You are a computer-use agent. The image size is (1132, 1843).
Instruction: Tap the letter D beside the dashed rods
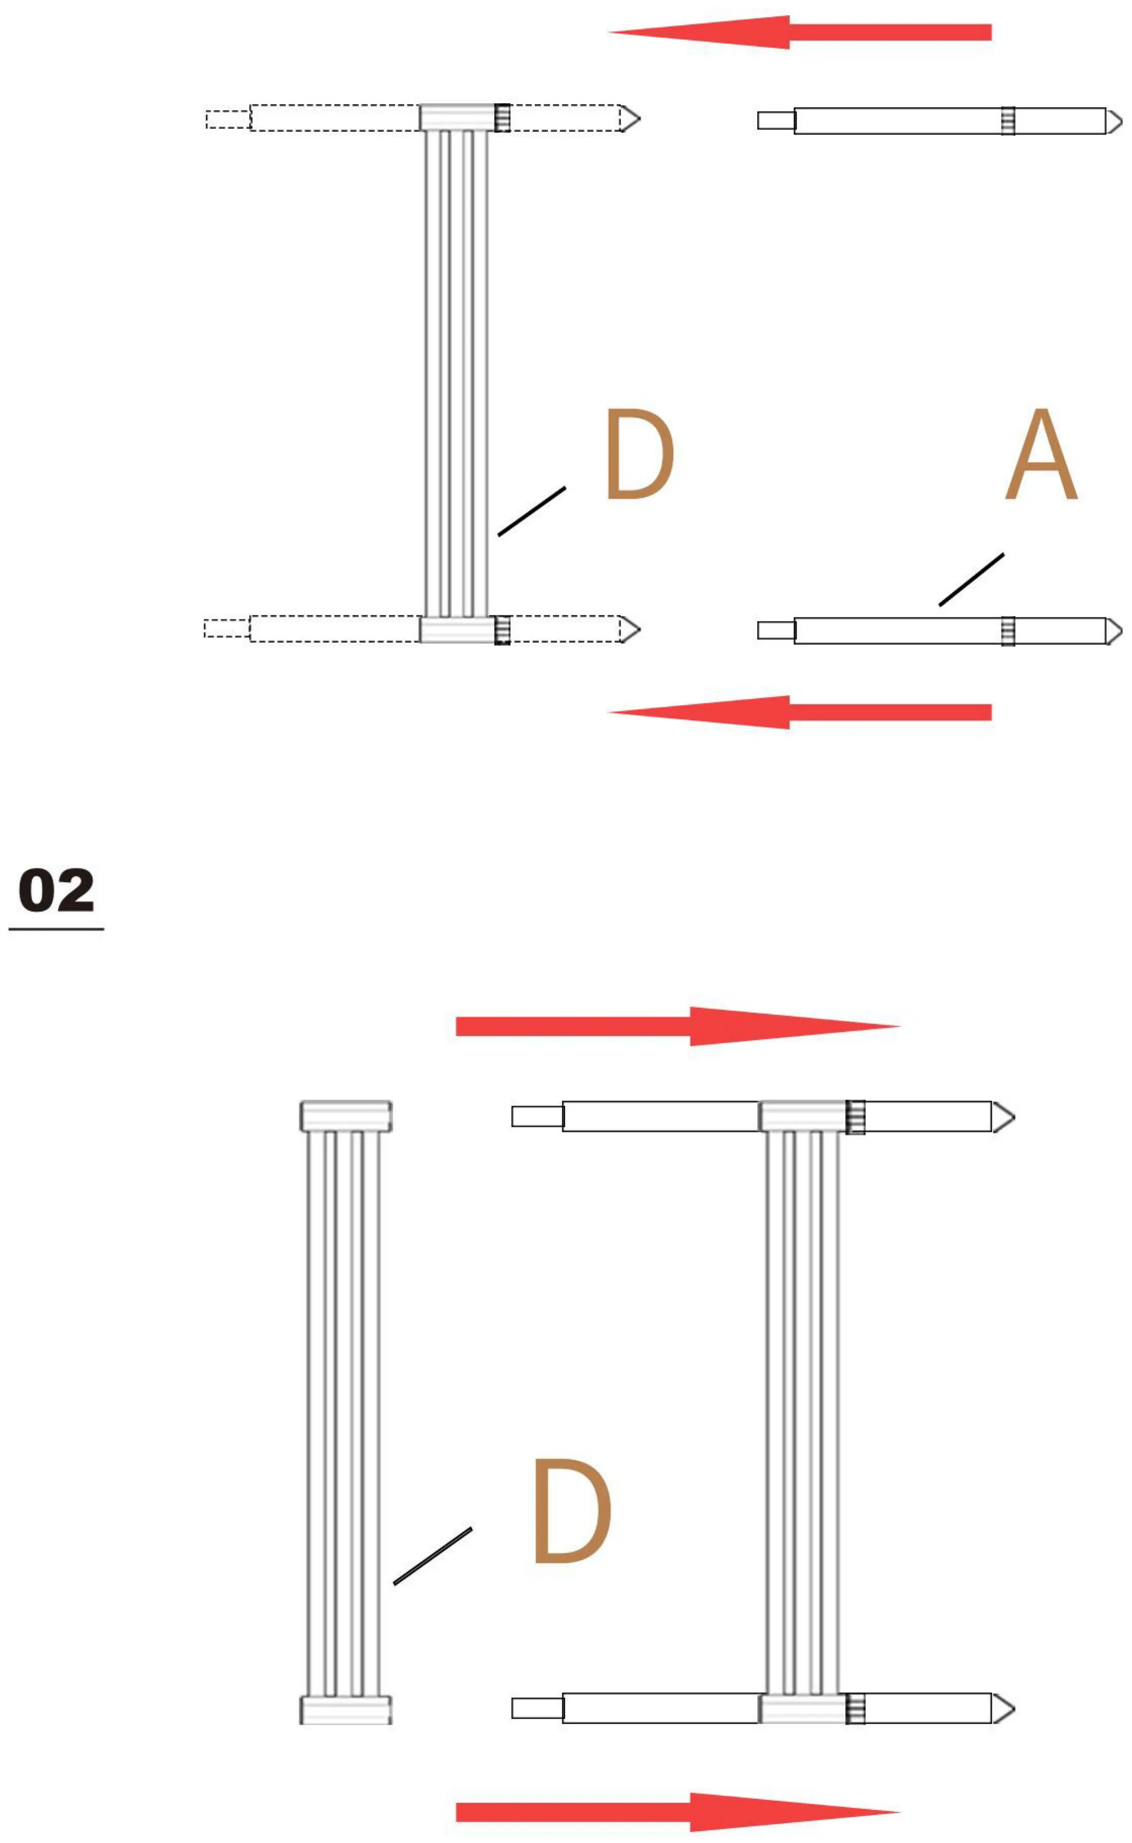[640, 454]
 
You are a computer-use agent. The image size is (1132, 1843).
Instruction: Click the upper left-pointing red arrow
[799, 32]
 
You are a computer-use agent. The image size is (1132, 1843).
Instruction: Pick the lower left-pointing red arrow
[799, 712]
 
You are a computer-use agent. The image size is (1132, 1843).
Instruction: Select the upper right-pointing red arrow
[678, 1026]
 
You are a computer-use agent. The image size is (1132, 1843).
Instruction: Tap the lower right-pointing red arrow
[678, 1812]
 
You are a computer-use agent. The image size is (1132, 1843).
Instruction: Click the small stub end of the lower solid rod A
[776, 631]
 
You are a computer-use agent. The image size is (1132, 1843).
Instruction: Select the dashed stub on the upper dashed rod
[228, 119]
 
